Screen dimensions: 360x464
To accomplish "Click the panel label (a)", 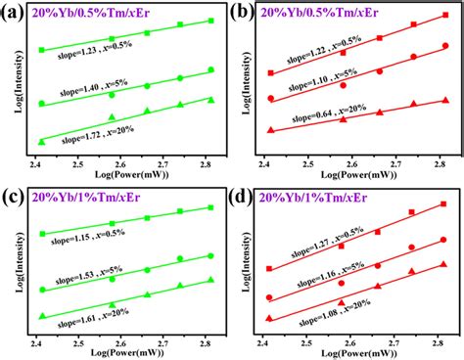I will tap(15, 13).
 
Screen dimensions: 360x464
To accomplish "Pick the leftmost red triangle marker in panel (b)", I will tap(271, 130).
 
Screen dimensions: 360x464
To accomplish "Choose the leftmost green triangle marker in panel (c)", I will tap(41, 316).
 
